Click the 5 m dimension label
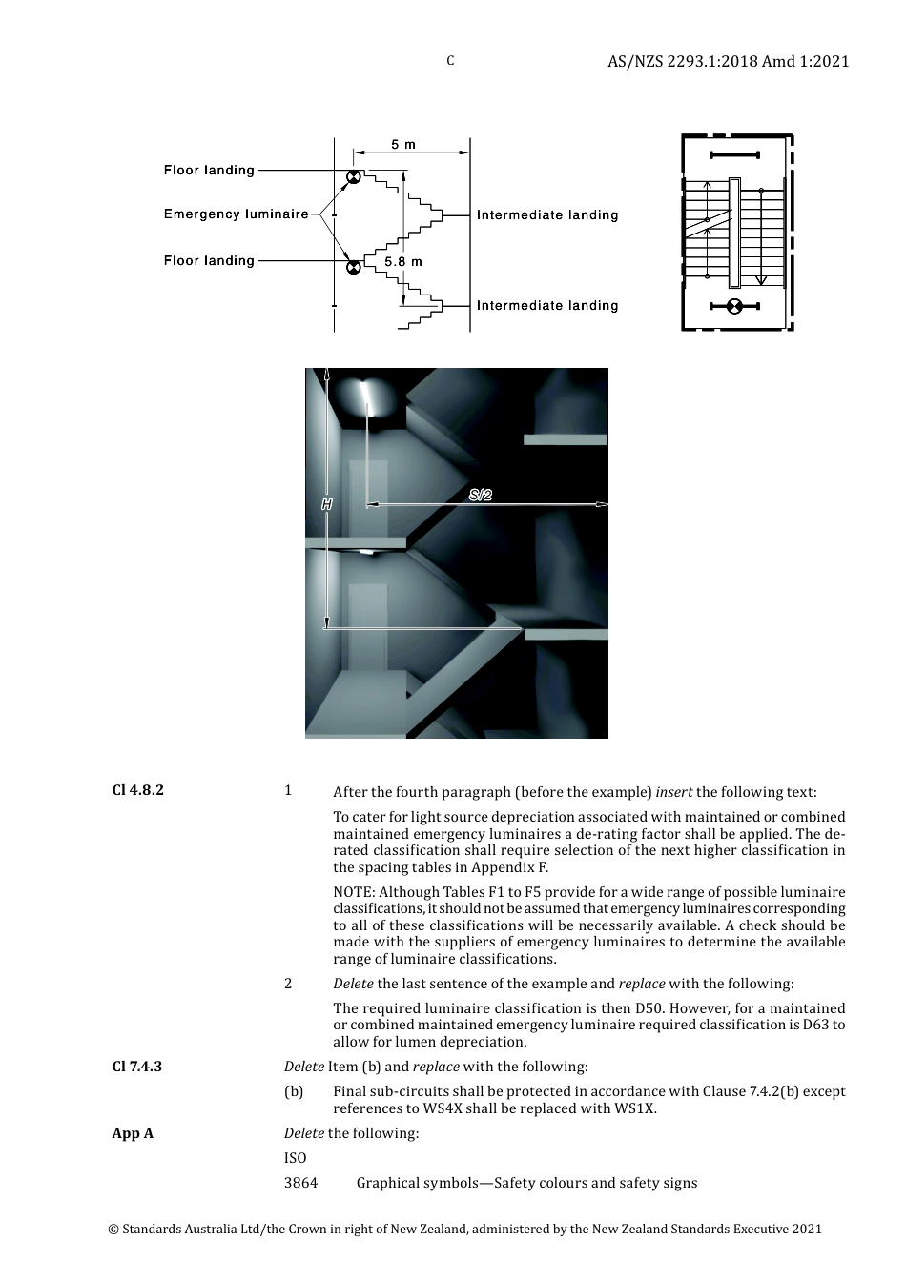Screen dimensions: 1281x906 pyautogui.click(x=402, y=145)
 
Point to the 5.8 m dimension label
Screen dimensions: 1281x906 pyautogui.click(x=403, y=261)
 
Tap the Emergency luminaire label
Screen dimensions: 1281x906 pyautogui.click(x=236, y=214)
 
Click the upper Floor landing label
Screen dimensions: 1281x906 pyautogui.click(x=209, y=171)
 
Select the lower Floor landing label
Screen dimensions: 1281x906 pyautogui.click(x=209, y=261)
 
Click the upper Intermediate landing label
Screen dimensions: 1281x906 pyautogui.click(x=547, y=215)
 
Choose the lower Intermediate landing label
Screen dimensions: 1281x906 pyautogui.click(x=547, y=306)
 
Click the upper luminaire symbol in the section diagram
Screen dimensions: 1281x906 pyautogui.click(x=353, y=177)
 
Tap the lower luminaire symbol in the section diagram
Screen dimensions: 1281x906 pyautogui.click(x=353, y=267)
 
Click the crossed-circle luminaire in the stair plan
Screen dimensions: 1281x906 pyautogui.click(x=734, y=306)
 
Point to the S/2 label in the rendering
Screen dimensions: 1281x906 pyautogui.click(x=481, y=495)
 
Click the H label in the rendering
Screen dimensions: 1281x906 pyautogui.click(x=327, y=504)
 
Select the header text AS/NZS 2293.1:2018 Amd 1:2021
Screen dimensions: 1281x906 pyautogui.click(x=728, y=62)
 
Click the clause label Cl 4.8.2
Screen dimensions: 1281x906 pyautogui.click(x=138, y=790)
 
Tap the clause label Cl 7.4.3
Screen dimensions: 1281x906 pyautogui.click(x=137, y=1067)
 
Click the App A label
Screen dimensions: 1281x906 pyautogui.click(x=133, y=1133)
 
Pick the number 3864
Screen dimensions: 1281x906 pyautogui.click(x=300, y=1183)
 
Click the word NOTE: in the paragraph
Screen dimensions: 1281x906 pyautogui.click(x=354, y=893)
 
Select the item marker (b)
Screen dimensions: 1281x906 pyautogui.click(x=294, y=1091)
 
